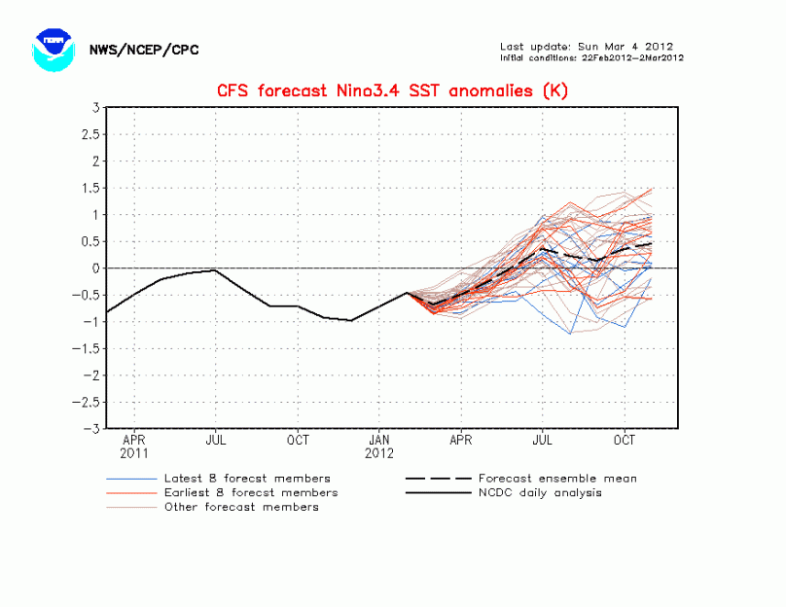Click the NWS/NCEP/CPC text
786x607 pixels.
pos(143,50)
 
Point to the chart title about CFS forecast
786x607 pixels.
pos(392,90)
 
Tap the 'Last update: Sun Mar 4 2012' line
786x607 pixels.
pos(586,47)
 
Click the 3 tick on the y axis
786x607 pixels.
pos(95,108)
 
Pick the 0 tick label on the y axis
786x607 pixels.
pos(95,268)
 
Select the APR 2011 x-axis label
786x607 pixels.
pos(134,446)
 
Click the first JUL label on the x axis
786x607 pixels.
pos(216,440)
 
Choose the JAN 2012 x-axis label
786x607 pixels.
pos(379,446)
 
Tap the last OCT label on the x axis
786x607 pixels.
pos(625,440)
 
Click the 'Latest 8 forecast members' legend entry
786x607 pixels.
pos(247,479)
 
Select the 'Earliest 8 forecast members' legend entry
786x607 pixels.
pos(251,493)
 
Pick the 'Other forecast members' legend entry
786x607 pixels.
pos(241,507)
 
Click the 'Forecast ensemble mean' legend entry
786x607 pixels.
pos(558,479)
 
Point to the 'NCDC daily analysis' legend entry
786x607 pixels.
pos(541,493)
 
